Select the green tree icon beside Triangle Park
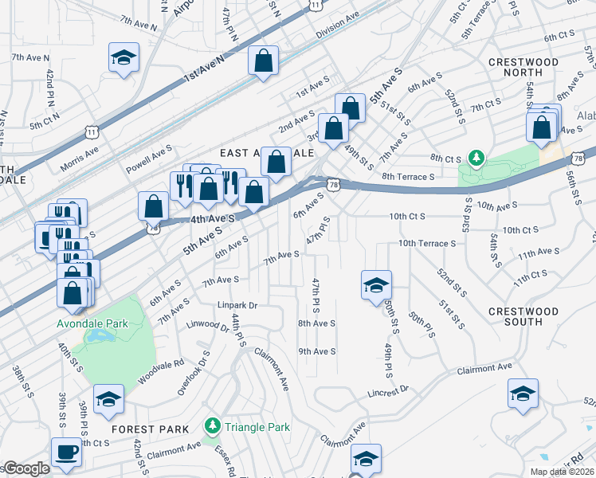pos(212,426)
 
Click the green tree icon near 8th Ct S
pos(476,158)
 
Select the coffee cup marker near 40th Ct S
pos(66,453)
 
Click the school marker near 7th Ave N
pos(124,57)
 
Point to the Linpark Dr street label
pos(237,305)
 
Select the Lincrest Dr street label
pos(387,390)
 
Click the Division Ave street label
pos(338,34)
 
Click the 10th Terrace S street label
pos(426,243)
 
